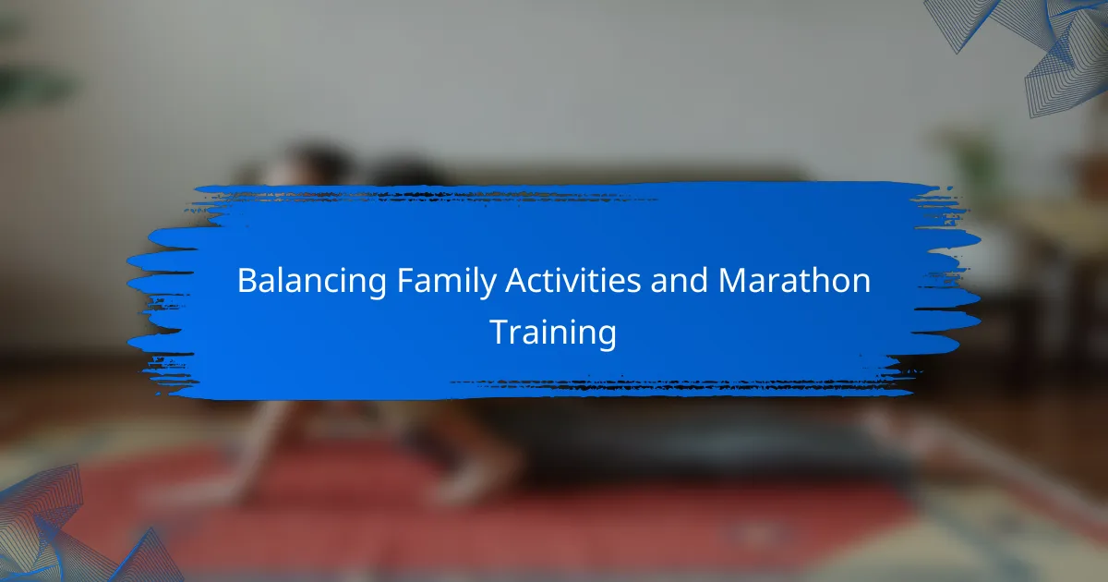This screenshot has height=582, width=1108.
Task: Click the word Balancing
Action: (312, 282)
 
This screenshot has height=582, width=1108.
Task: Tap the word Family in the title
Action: (446, 282)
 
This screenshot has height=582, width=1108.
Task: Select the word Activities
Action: (572, 280)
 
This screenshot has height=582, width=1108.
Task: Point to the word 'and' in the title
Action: (679, 280)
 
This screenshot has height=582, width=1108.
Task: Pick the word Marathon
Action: (794, 280)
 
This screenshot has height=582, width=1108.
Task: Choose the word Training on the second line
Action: (553, 333)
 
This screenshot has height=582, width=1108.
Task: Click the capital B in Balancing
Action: (247, 281)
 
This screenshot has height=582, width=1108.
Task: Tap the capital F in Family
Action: (405, 281)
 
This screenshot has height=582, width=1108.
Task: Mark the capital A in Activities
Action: (516, 281)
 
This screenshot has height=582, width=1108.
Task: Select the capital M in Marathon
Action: (731, 281)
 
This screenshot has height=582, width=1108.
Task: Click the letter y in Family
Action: (487, 287)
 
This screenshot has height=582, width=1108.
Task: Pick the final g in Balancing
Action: (377, 287)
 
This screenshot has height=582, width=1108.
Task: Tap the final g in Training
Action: (608, 338)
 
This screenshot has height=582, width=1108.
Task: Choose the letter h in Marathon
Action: (819, 280)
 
